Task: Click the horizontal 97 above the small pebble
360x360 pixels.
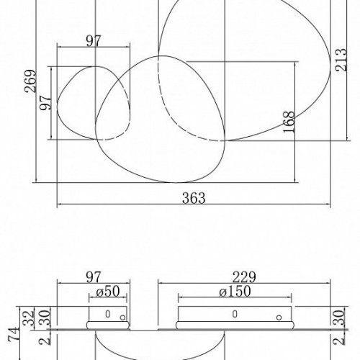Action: tap(92, 41)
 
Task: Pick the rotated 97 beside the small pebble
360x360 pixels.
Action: tap(45, 105)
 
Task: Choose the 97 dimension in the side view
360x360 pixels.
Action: tap(92, 276)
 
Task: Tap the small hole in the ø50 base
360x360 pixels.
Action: tap(123, 317)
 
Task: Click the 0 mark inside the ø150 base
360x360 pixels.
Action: tap(233, 315)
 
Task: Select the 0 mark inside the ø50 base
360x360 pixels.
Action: tap(107, 315)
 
